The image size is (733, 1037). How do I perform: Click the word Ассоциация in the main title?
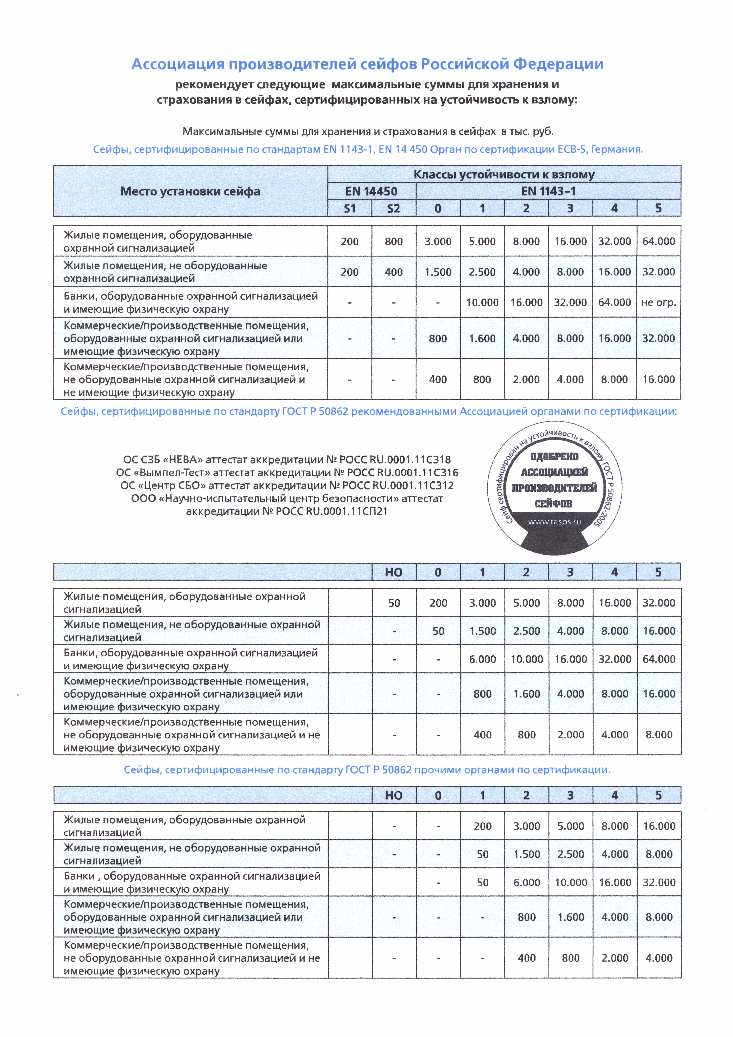177,64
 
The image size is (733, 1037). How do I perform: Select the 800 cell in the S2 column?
394,242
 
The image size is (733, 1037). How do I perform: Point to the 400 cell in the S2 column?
394,272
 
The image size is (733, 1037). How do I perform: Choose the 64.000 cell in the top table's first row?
659,242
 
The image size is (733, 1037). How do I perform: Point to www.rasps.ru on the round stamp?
554,522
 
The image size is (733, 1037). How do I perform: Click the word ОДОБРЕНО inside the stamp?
554,457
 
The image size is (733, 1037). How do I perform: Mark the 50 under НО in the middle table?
394,603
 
